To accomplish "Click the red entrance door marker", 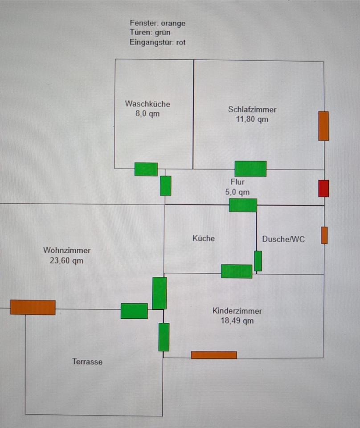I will coord(323,188).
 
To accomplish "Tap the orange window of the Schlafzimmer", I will coord(323,126).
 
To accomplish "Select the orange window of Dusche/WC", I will coord(324,235).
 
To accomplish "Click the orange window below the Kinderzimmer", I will coord(214,355).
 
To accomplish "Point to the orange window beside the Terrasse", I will coord(33,307).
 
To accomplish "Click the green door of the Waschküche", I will coord(146,169).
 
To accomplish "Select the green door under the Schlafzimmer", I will coord(250,169).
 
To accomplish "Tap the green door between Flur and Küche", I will coord(243,205).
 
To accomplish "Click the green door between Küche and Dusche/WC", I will coord(258,261).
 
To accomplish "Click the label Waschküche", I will coord(147,104).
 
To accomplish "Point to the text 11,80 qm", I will coord(252,119).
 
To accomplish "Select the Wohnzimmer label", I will coord(67,250).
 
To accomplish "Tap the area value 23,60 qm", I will coord(66,261).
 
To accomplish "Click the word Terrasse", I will coord(87,362).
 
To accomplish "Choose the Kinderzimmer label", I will coord(237,311).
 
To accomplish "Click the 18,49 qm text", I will coord(237,321).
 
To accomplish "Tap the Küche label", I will coord(204,239).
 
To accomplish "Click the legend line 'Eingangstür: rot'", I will coord(157,42).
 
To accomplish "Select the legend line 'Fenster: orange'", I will coord(158,23).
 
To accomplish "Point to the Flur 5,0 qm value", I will coord(237,192).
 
